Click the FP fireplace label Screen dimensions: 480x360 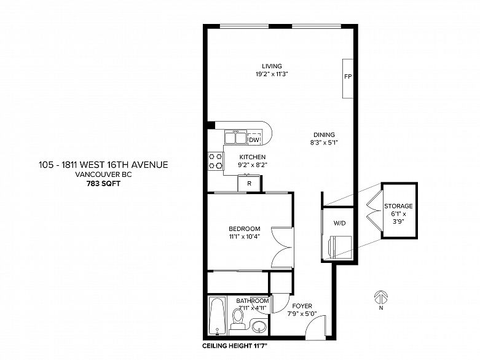coord(348,76)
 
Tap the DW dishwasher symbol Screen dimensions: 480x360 coord(254,139)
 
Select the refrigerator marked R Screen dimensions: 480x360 coord(249,183)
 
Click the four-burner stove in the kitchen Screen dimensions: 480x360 coord(216,161)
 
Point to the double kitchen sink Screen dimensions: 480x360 coord(235,137)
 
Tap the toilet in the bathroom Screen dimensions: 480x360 coord(238,319)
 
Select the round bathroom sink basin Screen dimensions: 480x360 coord(259,327)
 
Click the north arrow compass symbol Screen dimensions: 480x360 coord(381,297)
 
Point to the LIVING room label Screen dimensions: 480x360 coord(272,66)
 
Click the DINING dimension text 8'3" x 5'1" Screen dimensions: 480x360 coord(324,143)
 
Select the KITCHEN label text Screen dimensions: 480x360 coord(252,157)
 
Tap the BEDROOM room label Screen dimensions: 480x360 coord(245,229)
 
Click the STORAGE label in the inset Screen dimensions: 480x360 coord(398,206)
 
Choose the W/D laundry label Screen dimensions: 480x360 coord(339,223)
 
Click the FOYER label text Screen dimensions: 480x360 coord(302,306)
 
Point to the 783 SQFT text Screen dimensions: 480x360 coord(103,184)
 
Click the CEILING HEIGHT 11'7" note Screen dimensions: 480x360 coord(235,346)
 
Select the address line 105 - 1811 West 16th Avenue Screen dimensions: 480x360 coord(103,165)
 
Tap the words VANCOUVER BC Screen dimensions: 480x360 coord(103,174)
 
